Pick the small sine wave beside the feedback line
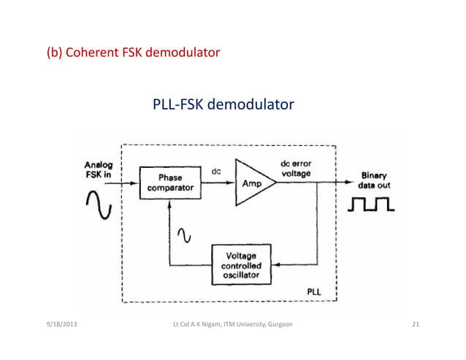coord(184,234)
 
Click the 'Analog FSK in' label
coord(99,170)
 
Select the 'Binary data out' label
coord(375,180)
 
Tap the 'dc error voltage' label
coord(297,170)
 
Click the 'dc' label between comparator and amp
coord(216,172)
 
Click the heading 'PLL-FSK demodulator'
coord(223,106)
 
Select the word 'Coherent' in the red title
coord(90,53)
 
